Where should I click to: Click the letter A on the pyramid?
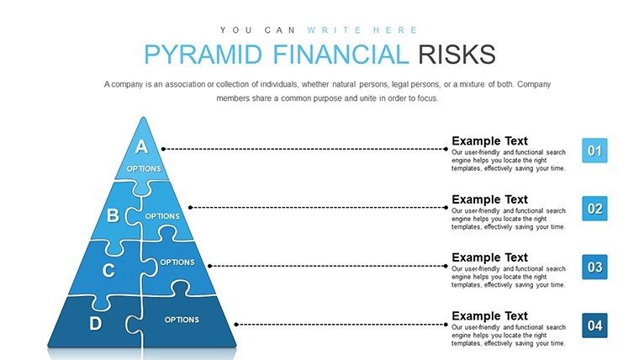point(141,146)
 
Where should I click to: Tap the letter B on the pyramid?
point(113,215)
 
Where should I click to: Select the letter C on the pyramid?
point(108,270)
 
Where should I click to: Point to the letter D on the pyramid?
point(95,324)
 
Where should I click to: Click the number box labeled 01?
point(594,151)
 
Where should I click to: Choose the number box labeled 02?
point(594,209)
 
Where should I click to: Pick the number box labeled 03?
point(594,267)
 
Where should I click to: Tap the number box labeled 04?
point(594,326)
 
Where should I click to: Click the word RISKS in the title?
point(457,54)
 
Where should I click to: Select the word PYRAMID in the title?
point(203,54)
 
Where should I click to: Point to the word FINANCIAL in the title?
point(341,54)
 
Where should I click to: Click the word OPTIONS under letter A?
point(144,168)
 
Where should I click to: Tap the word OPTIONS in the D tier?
point(182,320)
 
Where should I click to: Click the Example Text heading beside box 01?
point(489,140)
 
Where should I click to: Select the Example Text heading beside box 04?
point(489,316)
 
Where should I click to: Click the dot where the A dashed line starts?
point(163,149)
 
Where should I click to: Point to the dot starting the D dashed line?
point(236,325)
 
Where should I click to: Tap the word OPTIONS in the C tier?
point(177,262)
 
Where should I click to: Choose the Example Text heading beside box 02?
point(489,199)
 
